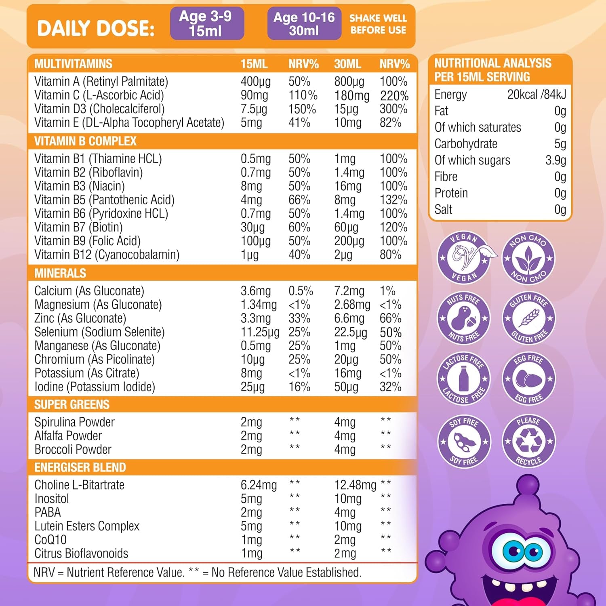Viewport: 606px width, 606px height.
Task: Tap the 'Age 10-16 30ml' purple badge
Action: tap(304, 23)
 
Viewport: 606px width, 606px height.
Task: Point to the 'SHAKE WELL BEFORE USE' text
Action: tap(378, 24)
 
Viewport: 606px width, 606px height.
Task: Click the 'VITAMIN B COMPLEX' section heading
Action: tap(85, 141)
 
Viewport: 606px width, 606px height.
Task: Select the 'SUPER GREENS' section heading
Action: tap(72, 404)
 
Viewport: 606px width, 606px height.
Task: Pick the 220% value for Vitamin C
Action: tap(394, 96)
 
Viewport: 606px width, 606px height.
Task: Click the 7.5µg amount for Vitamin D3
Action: tap(254, 109)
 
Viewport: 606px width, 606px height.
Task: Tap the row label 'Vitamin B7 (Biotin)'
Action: tap(78, 227)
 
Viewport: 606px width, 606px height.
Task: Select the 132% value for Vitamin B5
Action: tap(393, 200)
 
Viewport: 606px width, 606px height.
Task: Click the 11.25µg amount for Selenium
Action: tap(260, 332)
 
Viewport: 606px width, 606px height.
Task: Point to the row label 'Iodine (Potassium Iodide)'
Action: tap(95, 387)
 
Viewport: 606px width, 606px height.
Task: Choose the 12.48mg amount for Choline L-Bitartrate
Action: tap(355, 485)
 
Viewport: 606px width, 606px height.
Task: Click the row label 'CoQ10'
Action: tap(50, 540)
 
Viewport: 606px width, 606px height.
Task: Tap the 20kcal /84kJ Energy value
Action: tap(537, 95)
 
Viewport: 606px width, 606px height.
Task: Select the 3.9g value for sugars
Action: tap(555, 160)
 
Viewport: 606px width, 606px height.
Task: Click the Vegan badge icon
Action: tap(464, 257)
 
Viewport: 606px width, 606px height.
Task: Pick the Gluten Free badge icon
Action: tap(528, 318)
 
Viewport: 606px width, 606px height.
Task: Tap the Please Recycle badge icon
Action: tap(528, 441)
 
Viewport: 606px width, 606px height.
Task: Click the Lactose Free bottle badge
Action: tap(464, 379)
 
